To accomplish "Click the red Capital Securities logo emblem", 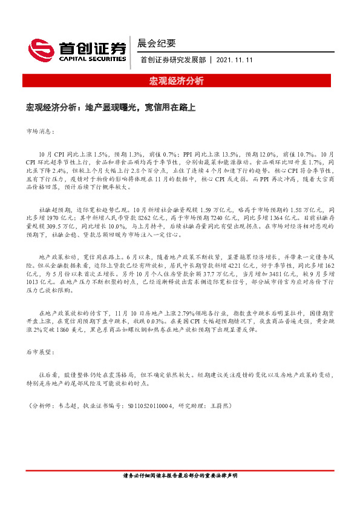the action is tap(41, 49).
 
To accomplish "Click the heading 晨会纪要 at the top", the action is tap(158, 43).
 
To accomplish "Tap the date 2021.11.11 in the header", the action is tap(234, 60).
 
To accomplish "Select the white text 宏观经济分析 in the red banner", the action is tap(179, 81).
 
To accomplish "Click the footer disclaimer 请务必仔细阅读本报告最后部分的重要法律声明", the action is tap(180, 475).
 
